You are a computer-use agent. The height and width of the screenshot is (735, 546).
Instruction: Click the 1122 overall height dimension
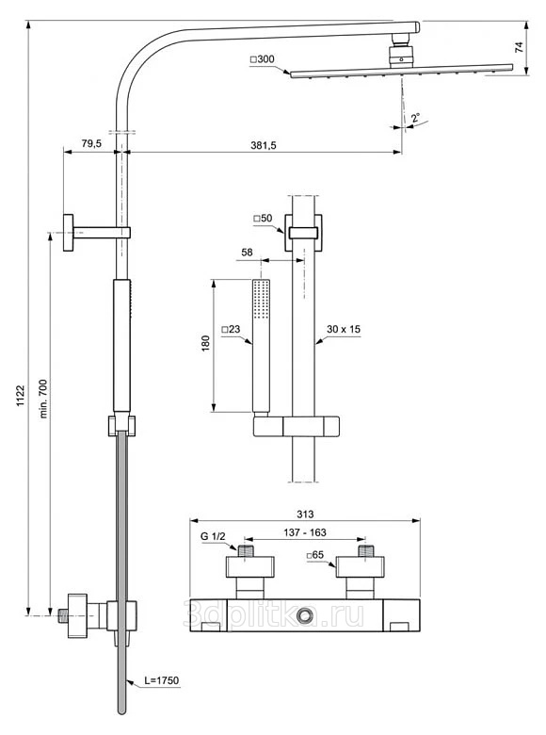coord(21,396)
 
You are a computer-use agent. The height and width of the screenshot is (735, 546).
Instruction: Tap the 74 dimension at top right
coord(520,47)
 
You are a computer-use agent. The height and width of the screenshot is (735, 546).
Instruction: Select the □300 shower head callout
coord(263,59)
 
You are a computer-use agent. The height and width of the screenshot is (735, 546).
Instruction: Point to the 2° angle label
coord(415,118)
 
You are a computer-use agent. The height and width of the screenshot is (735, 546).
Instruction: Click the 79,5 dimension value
coord(91,143)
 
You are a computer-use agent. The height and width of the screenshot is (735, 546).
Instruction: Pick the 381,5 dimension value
coord(264,145)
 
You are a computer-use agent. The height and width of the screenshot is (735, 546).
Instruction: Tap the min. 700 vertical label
coord(43,399)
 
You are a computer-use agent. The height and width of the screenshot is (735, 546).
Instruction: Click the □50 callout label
coord(263,219)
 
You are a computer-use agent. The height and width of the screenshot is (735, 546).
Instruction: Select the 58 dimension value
coord(247,253)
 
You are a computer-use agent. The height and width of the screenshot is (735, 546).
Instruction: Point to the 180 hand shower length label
coord(205,344)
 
